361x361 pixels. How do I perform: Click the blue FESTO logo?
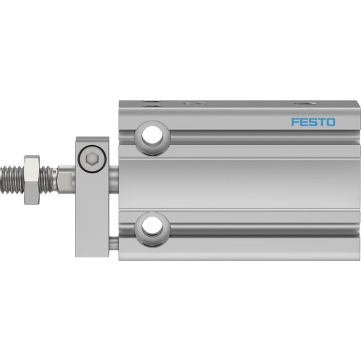[313, 121]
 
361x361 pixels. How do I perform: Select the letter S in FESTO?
[313, 121]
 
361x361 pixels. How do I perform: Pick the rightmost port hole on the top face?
[298, 103]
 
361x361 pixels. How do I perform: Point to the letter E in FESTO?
[303, 121]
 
